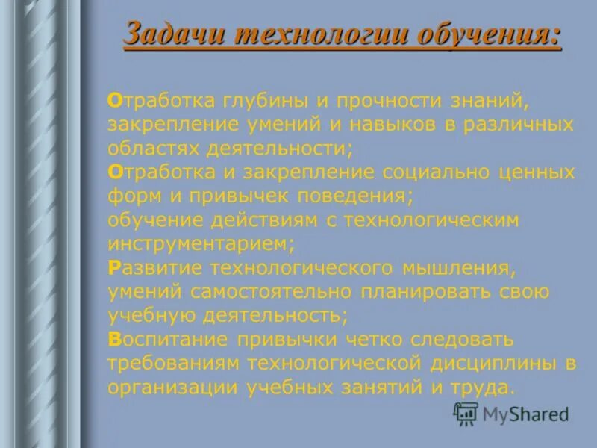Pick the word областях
[155, 148]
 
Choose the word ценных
[533, 172]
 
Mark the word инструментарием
[200, 244]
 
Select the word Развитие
[153, 267]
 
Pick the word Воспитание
[167, 340]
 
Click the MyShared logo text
[524, 413]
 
